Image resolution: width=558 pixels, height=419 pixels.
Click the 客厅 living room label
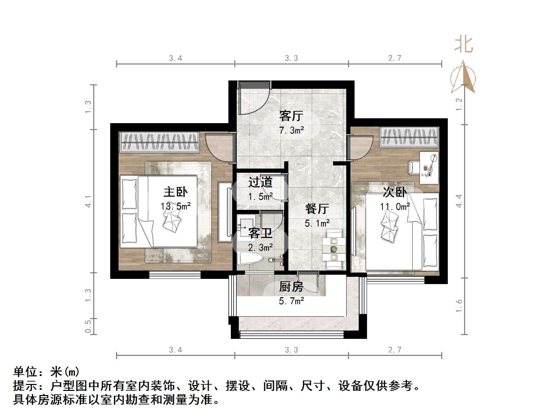tap(291, 116)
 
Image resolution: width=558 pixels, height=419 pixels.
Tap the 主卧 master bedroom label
tap(175, 192)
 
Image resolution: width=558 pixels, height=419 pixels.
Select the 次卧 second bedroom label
tap(394, 192)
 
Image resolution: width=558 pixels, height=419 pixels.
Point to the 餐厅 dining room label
tap(317, 209)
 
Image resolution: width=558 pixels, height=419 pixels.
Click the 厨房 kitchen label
tap(291, 287)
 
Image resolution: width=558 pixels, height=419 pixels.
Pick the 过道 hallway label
tap(260, 182)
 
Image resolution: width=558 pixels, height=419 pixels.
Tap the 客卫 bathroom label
tap(260, 233)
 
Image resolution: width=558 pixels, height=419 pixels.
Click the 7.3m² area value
tap(291, 130)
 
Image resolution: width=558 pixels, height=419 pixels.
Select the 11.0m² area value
tap(395, 207)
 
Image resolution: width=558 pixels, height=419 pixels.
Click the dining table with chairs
tap(333, 249)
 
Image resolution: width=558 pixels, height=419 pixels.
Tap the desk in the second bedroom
tap(429, 168)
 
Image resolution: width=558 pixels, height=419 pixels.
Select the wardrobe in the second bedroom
tap(409, 137)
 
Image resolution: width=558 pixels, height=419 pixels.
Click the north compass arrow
tap(463, 77)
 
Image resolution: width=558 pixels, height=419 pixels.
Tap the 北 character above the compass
tap(463, 45)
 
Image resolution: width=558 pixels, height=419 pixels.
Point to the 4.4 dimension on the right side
tap(459, 201)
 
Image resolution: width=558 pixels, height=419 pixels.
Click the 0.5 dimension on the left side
tap(88, 326)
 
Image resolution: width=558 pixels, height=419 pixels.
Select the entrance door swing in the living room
tap(253, 99)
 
